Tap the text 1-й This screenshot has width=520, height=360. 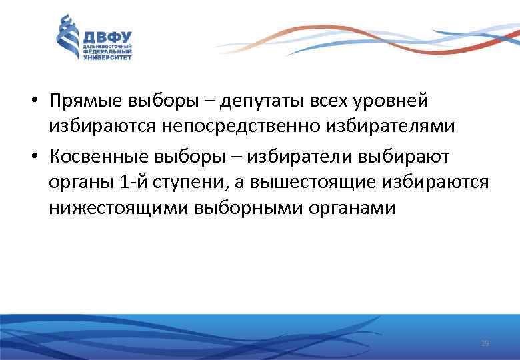[x=131, y=182]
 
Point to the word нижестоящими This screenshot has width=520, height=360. [x=118, y=208]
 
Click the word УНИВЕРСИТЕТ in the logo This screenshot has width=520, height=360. [x=107, y=58]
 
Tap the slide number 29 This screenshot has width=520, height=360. [x=485, y=343]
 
